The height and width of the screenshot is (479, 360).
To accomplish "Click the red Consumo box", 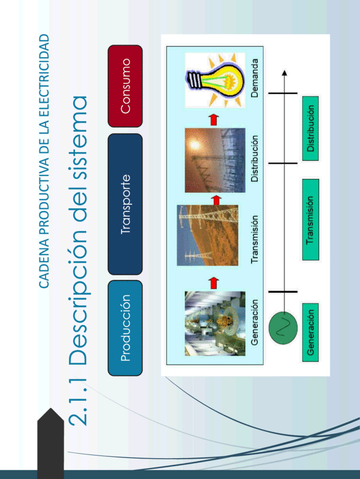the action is coord(125,86).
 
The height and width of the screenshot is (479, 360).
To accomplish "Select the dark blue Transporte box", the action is coord(125,204).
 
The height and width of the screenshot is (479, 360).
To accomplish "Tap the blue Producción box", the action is coord(125,328).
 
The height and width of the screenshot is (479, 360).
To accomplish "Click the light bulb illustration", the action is coord(215,80).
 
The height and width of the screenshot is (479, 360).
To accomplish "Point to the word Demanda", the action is coord(254,78).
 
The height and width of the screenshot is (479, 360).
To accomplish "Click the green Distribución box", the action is coord(311,128).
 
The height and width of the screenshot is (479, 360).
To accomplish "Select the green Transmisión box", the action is coord(311,219).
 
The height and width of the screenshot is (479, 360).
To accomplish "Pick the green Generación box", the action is coord(311,333).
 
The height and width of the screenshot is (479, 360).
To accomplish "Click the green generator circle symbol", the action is coord(283,328).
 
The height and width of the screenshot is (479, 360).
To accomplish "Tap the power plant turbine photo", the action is coord(215,324).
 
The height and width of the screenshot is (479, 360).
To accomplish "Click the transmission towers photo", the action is coord(207,235).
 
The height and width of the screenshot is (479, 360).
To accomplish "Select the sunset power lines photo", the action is coord(215,160).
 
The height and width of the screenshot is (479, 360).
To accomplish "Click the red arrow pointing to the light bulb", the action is coord(215,120).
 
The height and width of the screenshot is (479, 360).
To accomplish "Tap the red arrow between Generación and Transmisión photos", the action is coord(215,283).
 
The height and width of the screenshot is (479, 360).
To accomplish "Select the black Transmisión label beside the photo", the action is coord(254,239).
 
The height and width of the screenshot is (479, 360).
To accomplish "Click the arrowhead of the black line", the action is coord(284,73).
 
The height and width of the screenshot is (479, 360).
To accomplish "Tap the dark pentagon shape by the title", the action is coord(50,443).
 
